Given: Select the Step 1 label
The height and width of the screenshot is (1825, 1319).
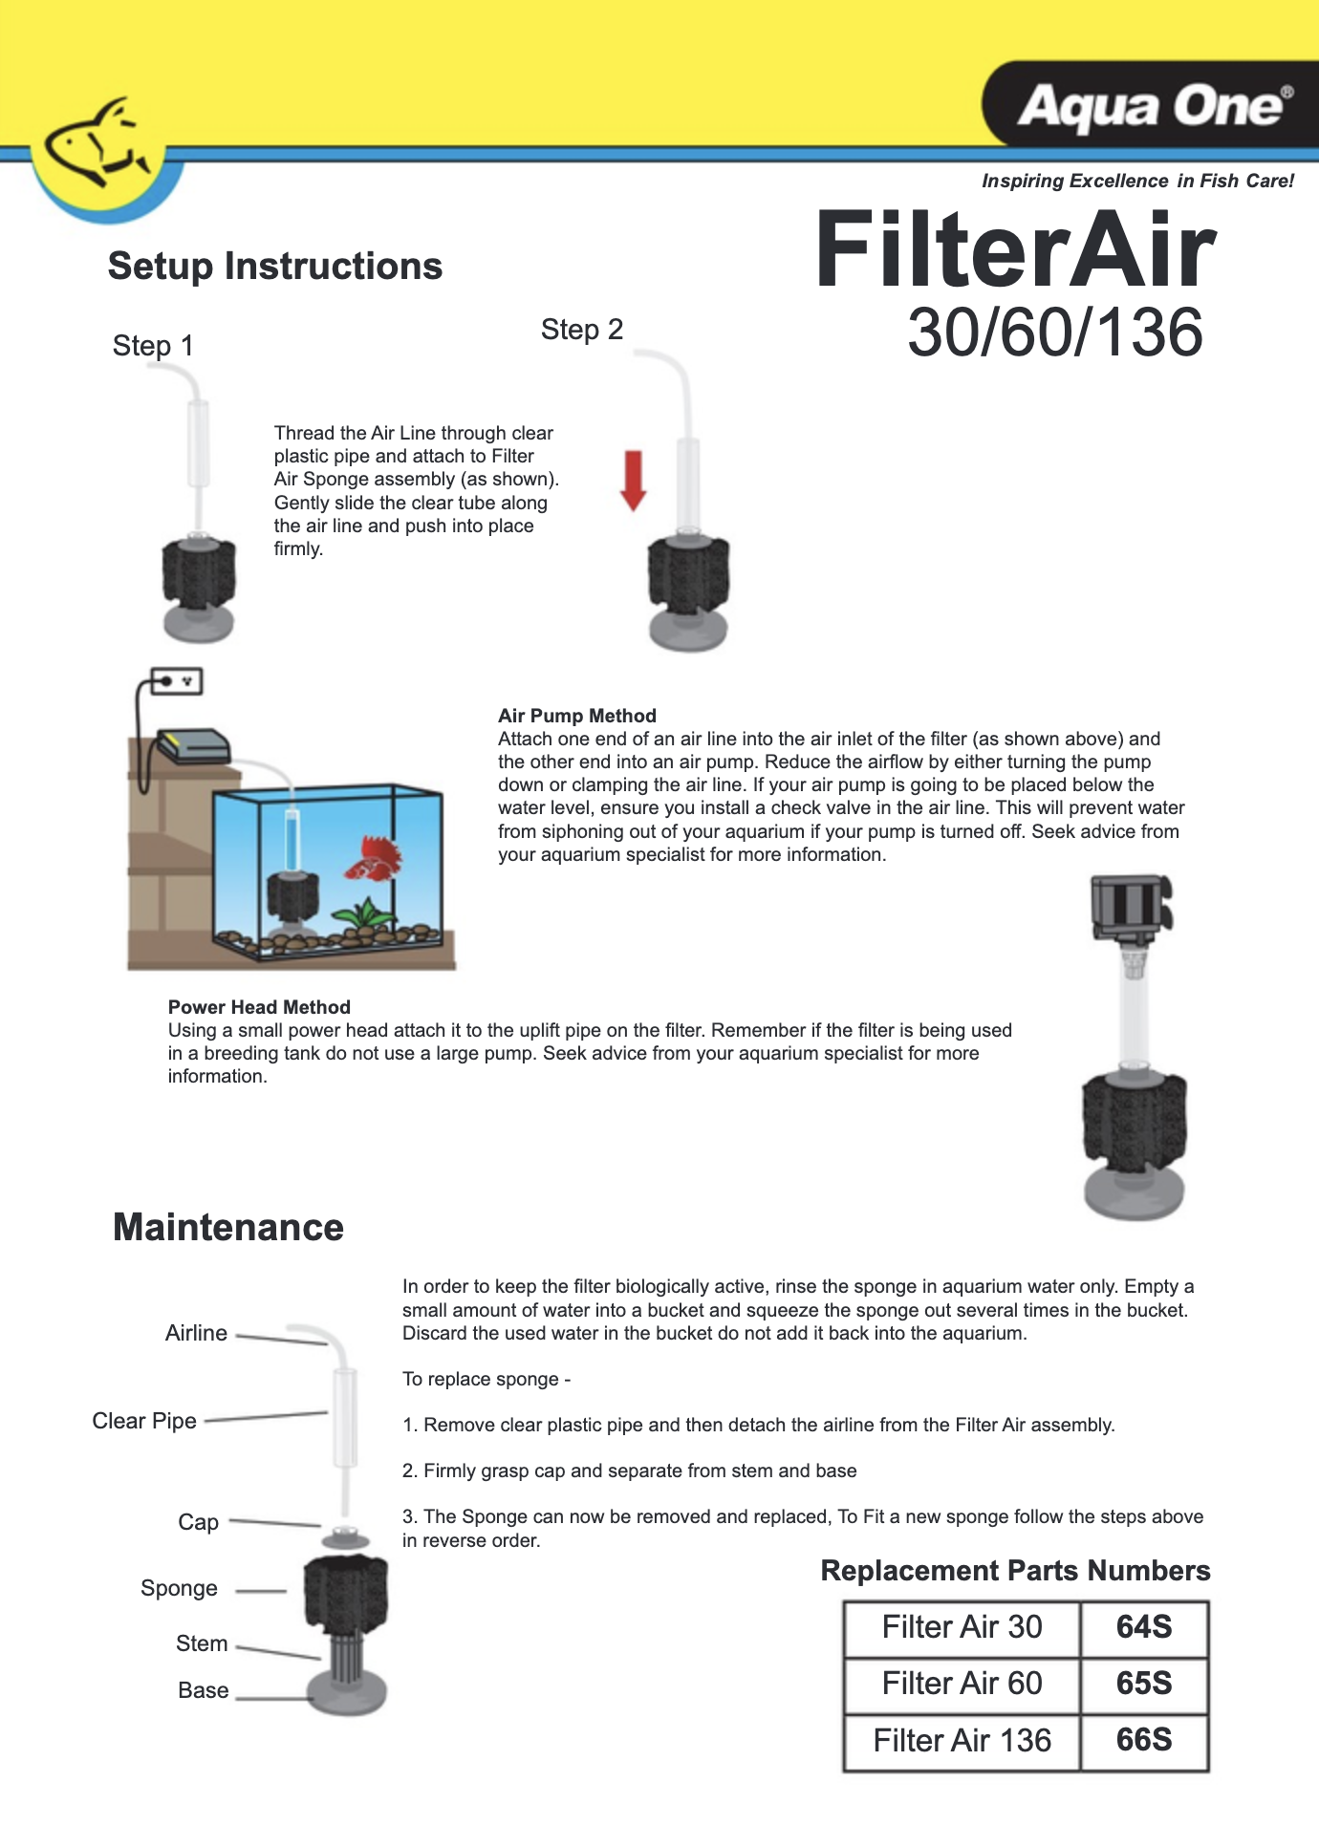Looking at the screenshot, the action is click(153, 346).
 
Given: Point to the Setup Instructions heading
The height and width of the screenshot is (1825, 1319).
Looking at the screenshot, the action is click(275, 266).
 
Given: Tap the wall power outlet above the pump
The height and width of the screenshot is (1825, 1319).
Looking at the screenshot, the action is click(176, 681).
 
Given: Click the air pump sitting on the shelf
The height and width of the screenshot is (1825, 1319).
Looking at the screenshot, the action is click(193, 744).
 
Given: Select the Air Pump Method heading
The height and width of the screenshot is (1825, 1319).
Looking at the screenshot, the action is click(577, 716).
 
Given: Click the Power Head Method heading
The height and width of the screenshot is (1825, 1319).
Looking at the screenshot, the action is click(259, 1007).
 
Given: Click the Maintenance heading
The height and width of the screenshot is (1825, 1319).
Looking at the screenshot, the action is click(228, 1227).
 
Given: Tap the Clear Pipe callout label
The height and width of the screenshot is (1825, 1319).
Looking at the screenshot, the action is click(144, 1421).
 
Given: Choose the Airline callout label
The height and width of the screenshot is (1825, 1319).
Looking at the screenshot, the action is click(196, 1333).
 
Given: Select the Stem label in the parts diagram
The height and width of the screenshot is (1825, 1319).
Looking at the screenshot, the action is click(202, 1643).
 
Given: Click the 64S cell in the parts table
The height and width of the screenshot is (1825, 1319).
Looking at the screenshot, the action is click(1144, 1627).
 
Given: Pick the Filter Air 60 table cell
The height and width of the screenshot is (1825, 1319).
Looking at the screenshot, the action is click(962, 1684).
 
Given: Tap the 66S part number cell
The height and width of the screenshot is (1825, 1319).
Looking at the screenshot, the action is click(1144, 1740).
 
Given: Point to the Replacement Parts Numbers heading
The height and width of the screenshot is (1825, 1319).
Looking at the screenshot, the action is click(1015, 1571).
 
